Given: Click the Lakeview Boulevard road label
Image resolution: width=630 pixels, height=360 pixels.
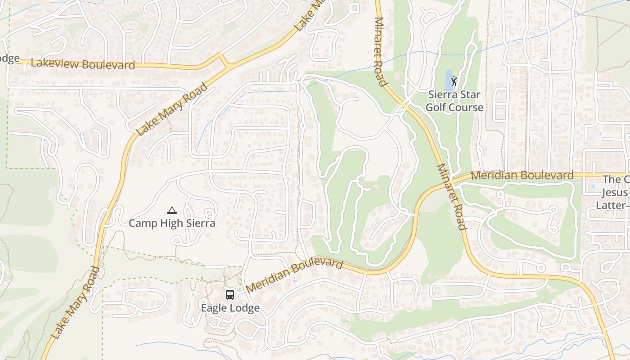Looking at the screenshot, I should point(83,64).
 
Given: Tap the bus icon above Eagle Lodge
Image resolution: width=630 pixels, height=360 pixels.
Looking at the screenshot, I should point(230,295).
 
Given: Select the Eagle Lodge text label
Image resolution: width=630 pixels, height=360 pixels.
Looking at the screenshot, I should point(230,308).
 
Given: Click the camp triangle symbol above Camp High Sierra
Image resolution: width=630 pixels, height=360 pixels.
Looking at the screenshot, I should point(171,210).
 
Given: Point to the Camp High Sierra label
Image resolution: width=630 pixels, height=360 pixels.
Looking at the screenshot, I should point(172,223).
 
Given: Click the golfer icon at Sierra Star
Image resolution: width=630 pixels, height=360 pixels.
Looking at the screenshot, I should point(454,81).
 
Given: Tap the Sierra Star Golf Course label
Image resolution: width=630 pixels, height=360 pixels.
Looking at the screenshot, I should point(454,101).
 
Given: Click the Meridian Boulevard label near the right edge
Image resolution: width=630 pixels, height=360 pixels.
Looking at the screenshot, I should point(522,175).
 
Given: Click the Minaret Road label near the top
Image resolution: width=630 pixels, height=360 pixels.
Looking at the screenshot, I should point(380,52).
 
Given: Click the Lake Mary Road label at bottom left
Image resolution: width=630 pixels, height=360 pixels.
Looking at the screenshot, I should point(76,302).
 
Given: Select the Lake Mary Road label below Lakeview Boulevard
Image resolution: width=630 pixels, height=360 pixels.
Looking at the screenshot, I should point(172,109).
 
